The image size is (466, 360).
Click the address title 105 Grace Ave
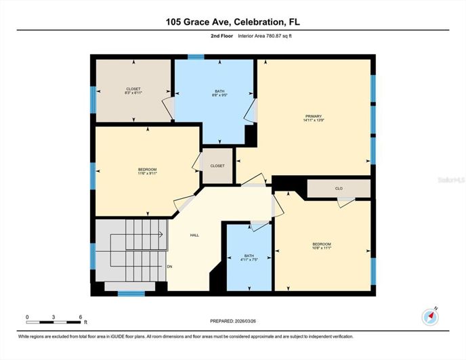(x=232, y=22)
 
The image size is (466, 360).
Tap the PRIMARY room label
(x=313, y=116)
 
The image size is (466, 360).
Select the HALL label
(x=194, y=235)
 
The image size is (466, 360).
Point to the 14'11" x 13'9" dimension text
(x=313, y=120)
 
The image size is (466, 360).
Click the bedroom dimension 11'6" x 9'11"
(x=147, y=174)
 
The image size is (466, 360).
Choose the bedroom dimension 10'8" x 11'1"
(x=321, y=248)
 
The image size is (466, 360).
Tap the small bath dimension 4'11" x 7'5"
(x=249, y=261)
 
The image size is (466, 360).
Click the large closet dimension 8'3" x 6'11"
(x=133, y=93)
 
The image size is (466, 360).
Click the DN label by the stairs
(x=169, y=267)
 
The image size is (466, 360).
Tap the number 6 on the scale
(x=81, y=317)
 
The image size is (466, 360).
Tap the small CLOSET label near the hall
(x=217, y=166)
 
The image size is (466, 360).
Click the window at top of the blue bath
(x=196, y=58)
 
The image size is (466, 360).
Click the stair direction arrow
(x=161, y=235)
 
